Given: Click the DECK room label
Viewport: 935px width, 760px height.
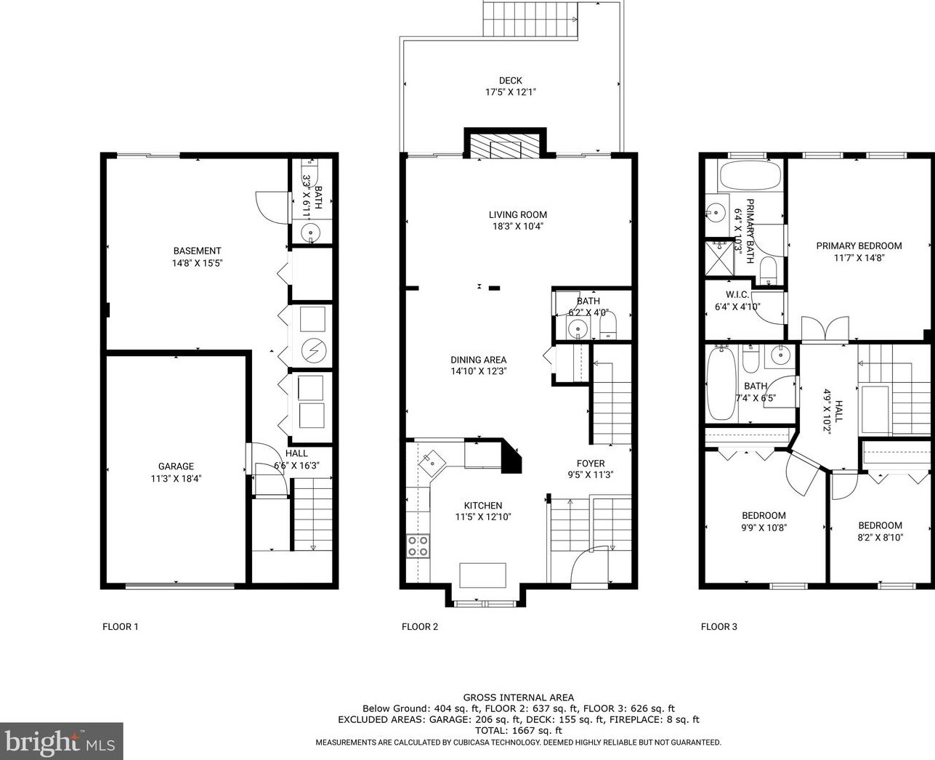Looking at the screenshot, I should tap(510, 81).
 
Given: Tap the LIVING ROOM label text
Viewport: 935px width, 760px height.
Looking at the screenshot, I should tap(517, 214).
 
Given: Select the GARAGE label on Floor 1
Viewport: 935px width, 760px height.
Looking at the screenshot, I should tap(176, 466).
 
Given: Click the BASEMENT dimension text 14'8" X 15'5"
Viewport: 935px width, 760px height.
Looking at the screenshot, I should tap(197, 263).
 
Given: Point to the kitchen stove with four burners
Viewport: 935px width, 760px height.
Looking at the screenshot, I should tap(418, 545).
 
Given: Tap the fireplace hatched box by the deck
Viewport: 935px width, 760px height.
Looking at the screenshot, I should tap(506, 147).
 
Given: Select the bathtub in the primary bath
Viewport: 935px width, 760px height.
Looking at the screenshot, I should tap(749, 176).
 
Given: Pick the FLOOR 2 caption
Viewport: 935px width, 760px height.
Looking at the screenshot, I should tap(420, 626).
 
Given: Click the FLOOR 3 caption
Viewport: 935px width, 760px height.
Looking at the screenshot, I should tap(719, 626).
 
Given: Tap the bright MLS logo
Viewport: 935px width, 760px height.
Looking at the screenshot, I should tap(62, 742).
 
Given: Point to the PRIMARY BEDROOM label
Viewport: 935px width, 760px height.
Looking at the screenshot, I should tap(859, 246).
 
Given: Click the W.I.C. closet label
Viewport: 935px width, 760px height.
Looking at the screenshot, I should tap(737, 295).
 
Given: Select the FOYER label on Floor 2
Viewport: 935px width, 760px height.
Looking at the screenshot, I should tap(591, 464).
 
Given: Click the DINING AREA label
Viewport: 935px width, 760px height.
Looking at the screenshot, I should tap(478, 360).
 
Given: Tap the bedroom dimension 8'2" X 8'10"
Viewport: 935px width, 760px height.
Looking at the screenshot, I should tap(880, 538).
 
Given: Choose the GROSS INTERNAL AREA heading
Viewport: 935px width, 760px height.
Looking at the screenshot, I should tap(518, 698).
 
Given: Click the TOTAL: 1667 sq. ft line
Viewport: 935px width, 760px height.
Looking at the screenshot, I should tap(518, 730).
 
